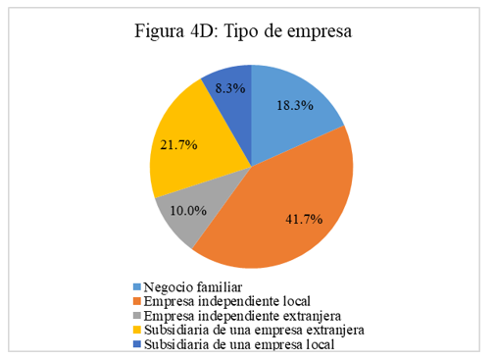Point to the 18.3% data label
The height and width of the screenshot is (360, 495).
tap(295, 106)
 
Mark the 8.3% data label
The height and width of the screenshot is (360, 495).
tap(230, 87)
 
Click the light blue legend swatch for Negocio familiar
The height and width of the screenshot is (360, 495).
tap(136, 286)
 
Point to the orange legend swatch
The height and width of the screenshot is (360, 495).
tap(136, 301)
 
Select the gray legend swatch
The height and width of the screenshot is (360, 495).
tap(136, 316)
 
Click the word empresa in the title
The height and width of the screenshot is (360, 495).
tap(316, 32)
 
